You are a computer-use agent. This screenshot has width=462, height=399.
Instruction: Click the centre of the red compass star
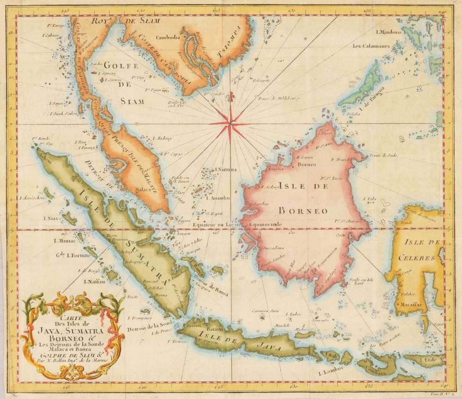coord(230,122)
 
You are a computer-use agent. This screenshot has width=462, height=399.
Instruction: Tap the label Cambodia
coord(169,37)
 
